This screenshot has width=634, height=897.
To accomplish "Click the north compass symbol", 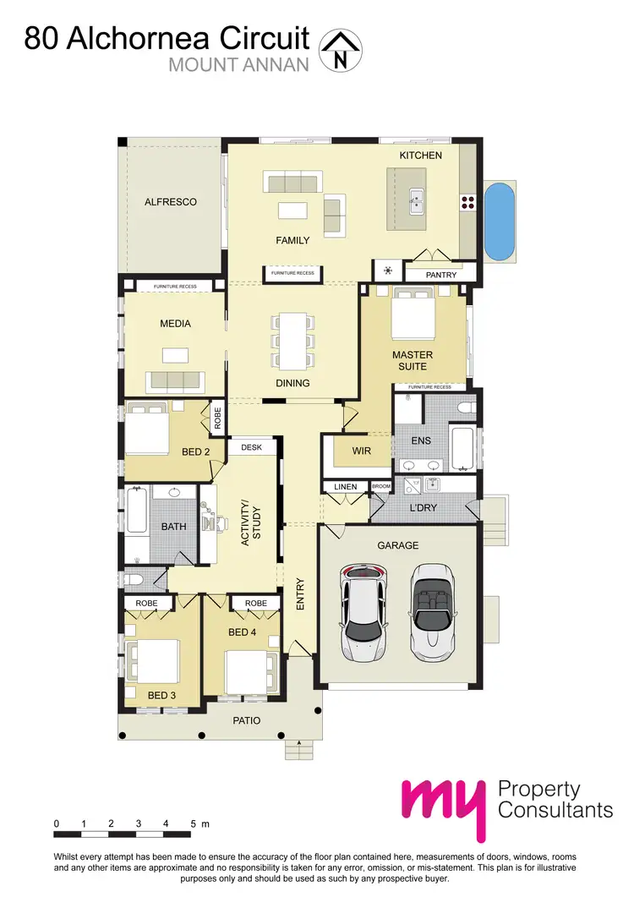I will (x=341, y=49).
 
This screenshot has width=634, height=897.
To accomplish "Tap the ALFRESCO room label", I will (x=170, y=202).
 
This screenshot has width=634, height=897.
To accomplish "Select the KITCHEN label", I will (x=421, y=156).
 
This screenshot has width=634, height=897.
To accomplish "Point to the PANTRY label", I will (x=441, y=275).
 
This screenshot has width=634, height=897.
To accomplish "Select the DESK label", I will (x=252, y=447).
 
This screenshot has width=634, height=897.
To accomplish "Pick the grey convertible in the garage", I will (x=433, y=613).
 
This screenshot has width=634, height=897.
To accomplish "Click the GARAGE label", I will (x=397, y=546).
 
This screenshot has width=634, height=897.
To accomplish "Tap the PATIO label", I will (x=247, y=720).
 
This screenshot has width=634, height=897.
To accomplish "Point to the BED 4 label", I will (x=243, y=632).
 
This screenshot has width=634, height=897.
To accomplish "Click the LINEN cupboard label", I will (x=346, y=487).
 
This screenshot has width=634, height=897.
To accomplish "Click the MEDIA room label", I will (x=175, y=323).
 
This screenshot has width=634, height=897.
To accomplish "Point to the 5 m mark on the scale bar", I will (x=194, y=823).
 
